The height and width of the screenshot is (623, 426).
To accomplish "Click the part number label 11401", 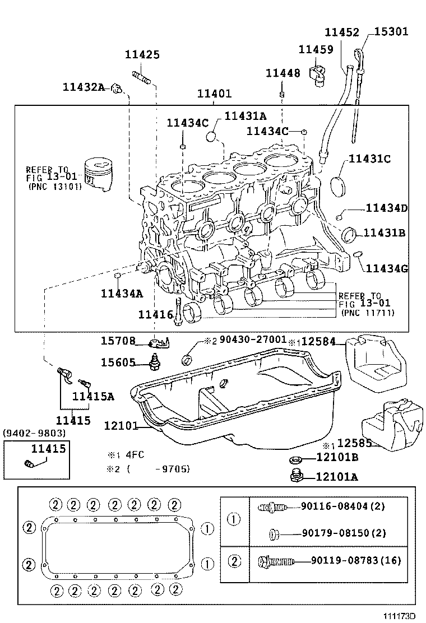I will click(x=214, y=95).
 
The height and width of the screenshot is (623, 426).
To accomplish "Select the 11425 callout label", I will click(x=142, y=55).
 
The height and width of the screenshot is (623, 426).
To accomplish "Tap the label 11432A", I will click(x=84, y=87).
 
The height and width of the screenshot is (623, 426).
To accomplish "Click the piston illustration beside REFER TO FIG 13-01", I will click(x=99, y=173).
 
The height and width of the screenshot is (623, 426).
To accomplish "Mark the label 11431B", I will click(x=384, y=233).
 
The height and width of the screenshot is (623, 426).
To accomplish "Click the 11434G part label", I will click(x=387, y=268).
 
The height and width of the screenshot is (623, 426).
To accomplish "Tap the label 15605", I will click(x=118, y=362).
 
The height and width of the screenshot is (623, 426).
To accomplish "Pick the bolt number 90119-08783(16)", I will click(x=356, y=560).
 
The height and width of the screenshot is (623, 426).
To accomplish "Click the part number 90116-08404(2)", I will click(x=355, y=506).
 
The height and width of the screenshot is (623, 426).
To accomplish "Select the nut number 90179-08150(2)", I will click(x=356, y=533).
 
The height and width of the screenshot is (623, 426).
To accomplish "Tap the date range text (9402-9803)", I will click(x=34, y=433).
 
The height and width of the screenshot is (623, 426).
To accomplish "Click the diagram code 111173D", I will click(x=399, y=615).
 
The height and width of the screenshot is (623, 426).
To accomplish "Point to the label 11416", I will click(x=156, y=315).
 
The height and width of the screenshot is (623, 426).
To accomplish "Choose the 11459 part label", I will click(x=316, y=50).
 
